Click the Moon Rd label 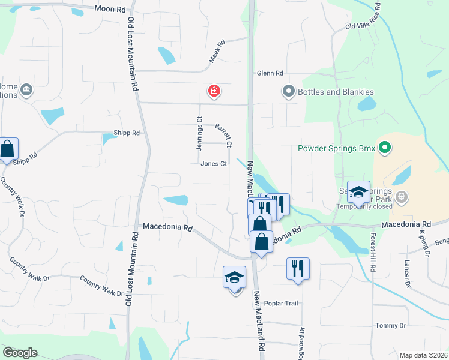point(111,9)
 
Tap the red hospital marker point(213,91)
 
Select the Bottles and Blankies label point(336,92)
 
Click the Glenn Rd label point(270,73)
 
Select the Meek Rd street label point(216,52)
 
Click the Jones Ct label point(214,164)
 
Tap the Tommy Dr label point(390,325)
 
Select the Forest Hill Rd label point(372,253)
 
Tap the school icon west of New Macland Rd point(234,277)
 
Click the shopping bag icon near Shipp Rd point(7,148)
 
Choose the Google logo point(20,353)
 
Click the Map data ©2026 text point(423,355)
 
